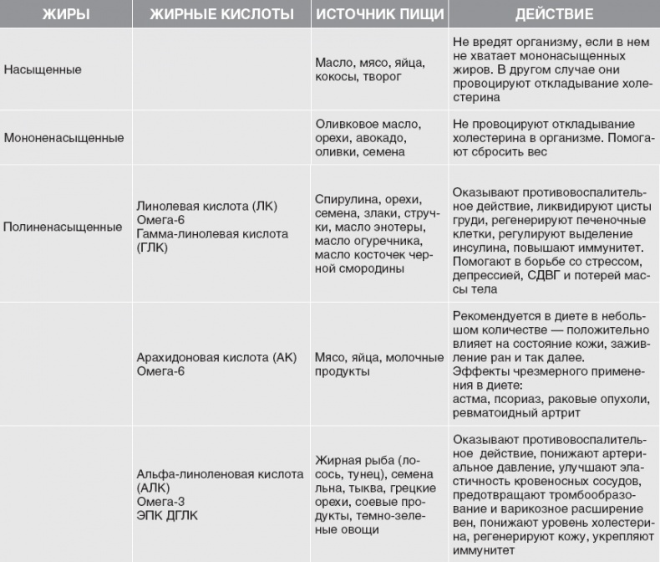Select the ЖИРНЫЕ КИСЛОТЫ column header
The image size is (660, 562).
click(x=221, y=14)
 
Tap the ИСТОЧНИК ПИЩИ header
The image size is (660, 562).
click(x=376, y=14)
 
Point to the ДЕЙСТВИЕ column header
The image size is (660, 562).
click(x=554, y=14)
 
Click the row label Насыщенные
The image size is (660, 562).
click(x=43, y=69)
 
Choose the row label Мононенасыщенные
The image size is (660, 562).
click(x=63, y=137)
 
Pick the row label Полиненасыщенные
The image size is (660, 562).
click(x=63, y=227)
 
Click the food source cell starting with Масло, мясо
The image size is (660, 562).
click(x=371, y=69)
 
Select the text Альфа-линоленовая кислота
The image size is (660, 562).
click(x=220, y=474)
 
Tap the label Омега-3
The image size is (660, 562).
click(x=160, y=502)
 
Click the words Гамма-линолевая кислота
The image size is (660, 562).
click(x=213, y=233)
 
